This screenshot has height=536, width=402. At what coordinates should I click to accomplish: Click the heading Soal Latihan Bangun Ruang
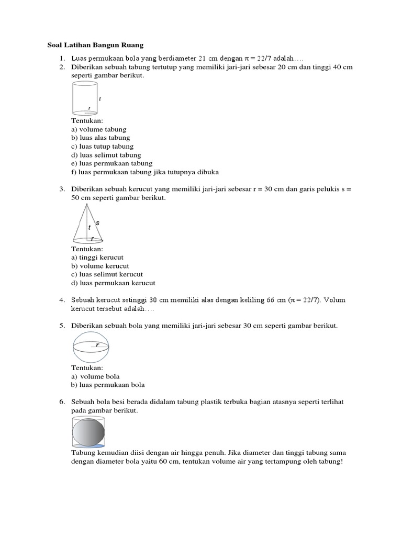tap(95, 46)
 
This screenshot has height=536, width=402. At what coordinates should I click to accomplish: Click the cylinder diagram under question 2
tap(85, 99)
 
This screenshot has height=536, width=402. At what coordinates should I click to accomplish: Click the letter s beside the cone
tap(97, 223)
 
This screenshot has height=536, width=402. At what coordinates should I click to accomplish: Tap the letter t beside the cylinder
tap(99, 99)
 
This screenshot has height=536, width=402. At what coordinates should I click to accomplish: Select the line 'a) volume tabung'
tap(98, 129)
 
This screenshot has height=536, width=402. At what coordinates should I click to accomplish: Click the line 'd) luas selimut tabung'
tap(106, 155)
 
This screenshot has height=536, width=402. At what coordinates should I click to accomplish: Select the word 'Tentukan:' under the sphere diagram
tap(87, 368)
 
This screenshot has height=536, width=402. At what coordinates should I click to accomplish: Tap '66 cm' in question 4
tap(275, 300)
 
